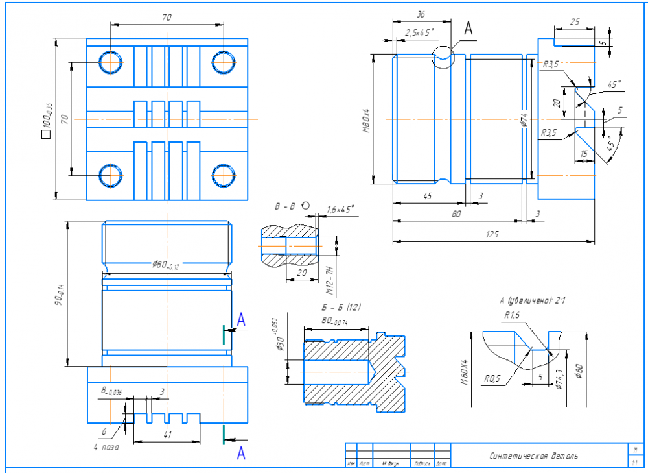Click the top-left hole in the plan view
111,62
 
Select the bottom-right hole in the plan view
224,175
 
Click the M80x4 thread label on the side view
366,119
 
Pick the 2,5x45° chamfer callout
419,32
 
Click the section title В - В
284,207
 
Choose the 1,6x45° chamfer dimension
340,210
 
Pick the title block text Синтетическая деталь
535,456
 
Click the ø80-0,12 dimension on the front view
166,265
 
